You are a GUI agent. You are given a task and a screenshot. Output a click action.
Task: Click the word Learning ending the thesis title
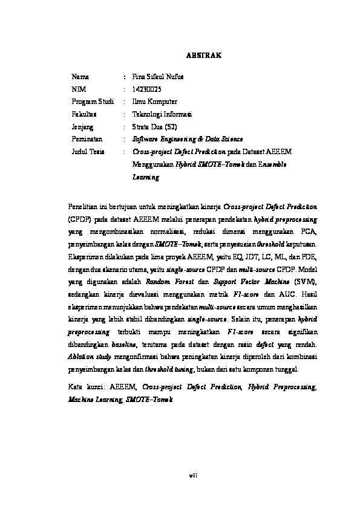[146, 178]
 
